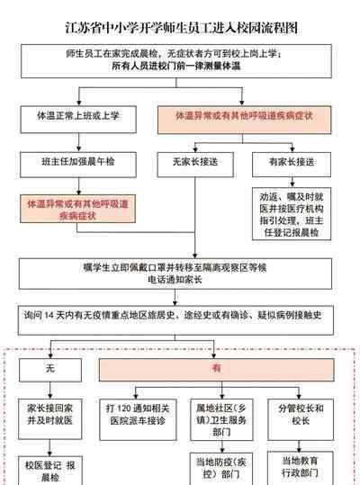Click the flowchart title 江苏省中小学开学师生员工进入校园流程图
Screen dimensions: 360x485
(x=182, y=28)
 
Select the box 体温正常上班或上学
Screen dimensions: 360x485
(x=78, y=120)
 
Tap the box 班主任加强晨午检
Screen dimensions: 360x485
(x=78, y=165)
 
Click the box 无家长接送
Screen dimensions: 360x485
(x=195, y=165)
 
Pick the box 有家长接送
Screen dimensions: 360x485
(x=292, y=165)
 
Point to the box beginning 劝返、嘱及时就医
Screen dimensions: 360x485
(x=292, y=214)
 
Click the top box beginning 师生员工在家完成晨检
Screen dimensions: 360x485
(x=176, y=61)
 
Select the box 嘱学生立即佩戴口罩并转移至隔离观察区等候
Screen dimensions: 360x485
(x=175, y=274)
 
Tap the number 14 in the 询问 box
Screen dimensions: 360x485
(x=49, y=315)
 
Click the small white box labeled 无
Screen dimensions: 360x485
(x=50, y=370)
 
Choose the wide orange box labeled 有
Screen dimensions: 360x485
(x=217, y=370)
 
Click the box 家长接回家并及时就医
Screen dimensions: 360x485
(x=50, y=419)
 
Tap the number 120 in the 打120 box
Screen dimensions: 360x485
(x=124, y=409)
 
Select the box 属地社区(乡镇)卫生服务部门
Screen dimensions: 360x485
(x=221, y=419)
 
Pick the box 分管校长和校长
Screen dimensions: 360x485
(x=301, y=419)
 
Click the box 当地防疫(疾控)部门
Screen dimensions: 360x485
(x=221, y=469)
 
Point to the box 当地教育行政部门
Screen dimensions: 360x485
(x=300, y=468)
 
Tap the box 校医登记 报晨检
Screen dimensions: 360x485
(x=50, y=471)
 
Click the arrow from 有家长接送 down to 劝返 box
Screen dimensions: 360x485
(x=292, y=182)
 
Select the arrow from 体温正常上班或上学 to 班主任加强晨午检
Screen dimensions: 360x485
(x=78, y=142)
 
